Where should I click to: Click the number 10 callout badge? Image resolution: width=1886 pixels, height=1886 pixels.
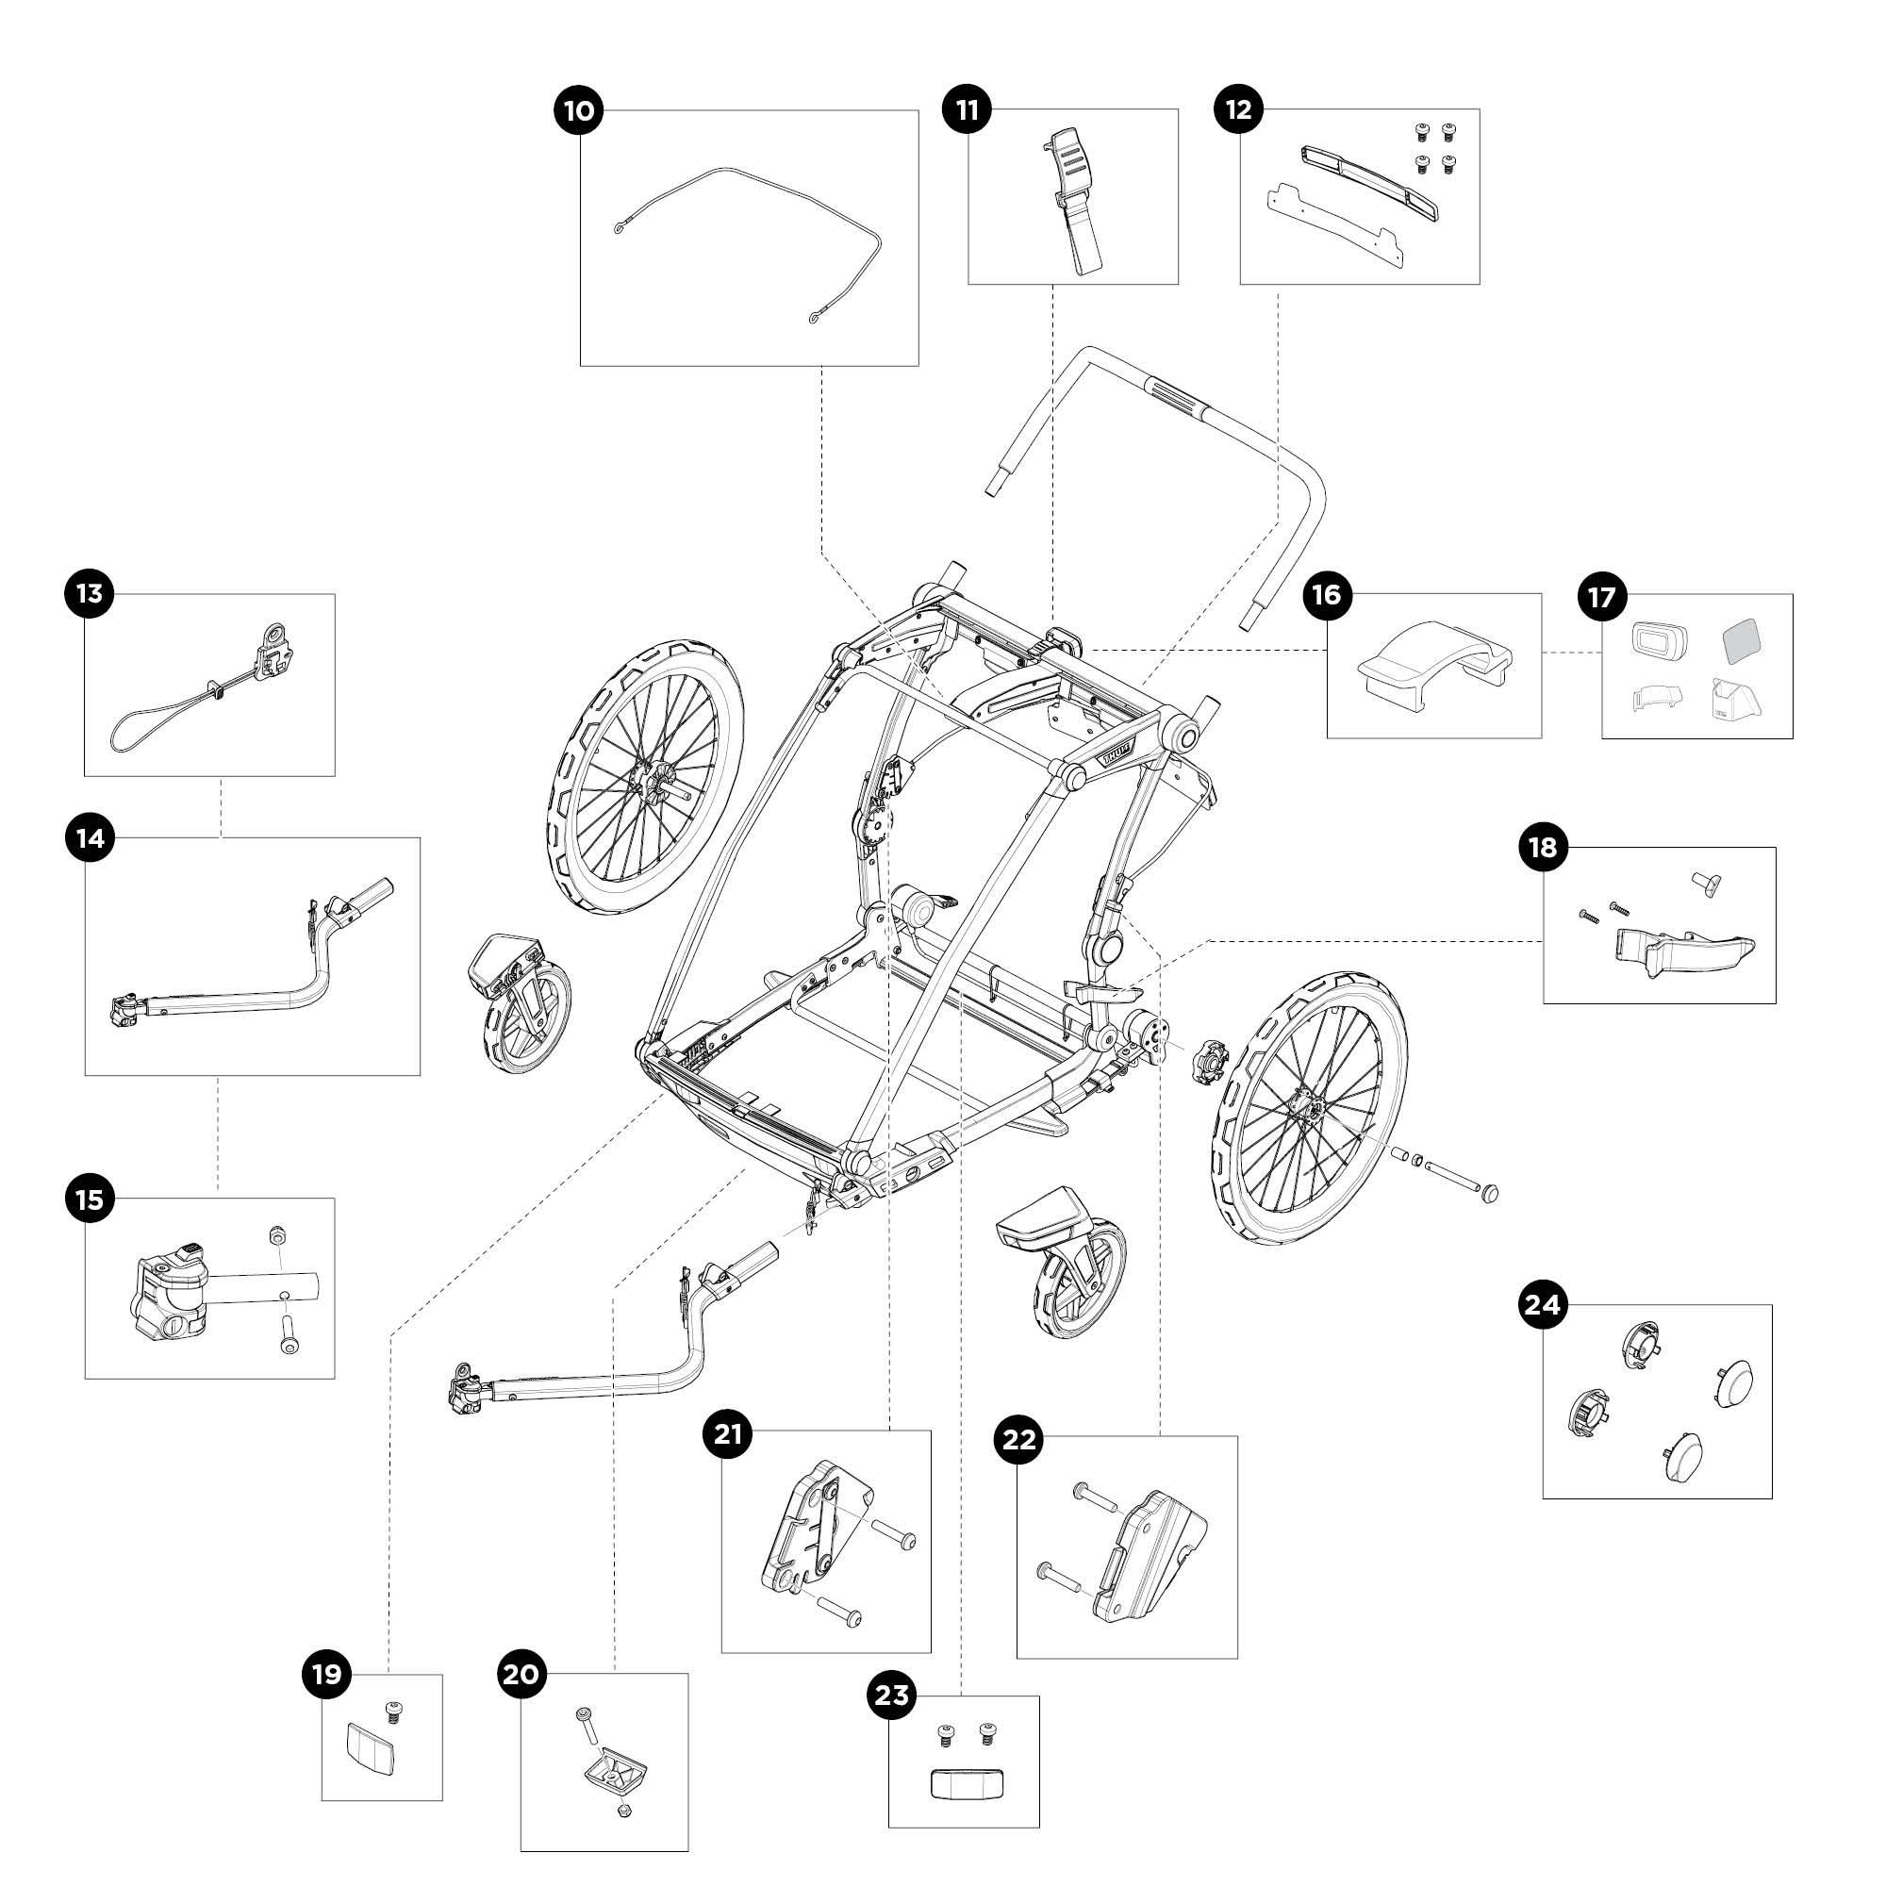pos(579,110)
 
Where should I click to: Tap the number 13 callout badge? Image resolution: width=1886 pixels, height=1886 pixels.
pos(89,593)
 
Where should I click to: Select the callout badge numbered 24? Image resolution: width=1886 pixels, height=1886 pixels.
pos(1543,1305)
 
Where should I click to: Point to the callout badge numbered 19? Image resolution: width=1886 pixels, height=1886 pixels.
pos(327,1675)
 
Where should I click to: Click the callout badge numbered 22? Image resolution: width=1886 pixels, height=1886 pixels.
pos(1019,1439)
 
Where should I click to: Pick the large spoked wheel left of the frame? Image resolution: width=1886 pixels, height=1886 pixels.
pos(644,776)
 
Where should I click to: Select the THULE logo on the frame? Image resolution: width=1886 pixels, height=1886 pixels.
pos(1116,755)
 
